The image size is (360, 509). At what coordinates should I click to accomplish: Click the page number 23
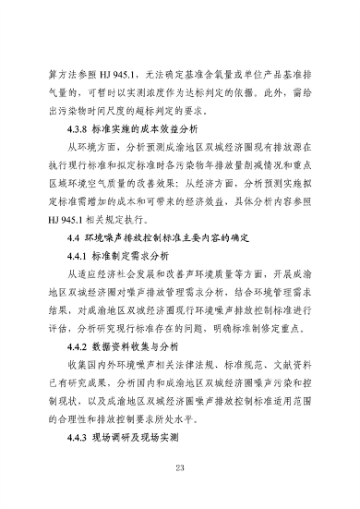pos(179,467)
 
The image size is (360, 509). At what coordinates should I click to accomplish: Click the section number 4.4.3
pos(81,438)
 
